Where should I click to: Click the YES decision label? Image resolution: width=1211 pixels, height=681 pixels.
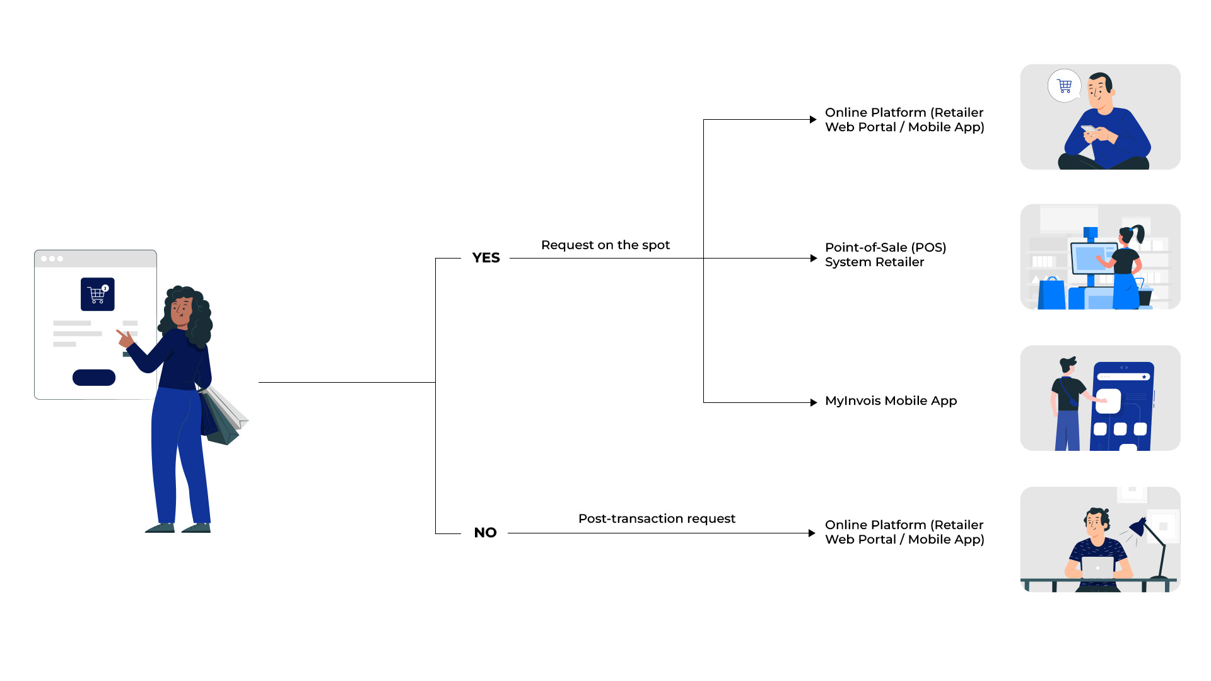(x=486, y=258)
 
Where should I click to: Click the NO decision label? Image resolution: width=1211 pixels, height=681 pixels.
(x=485, y=533)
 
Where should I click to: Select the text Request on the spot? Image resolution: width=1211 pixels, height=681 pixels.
(x=605, y=245)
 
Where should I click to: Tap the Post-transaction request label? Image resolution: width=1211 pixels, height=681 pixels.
(x=657, y=518)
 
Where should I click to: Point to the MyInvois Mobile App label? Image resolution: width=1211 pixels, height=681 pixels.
(x=891, y=401)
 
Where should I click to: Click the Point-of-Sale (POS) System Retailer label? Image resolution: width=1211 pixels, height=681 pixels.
(x=885, y=255)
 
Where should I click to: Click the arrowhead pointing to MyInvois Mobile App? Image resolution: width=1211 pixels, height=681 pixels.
(x=814, y=402)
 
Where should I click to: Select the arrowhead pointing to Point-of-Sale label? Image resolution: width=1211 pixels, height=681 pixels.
(x=814, y=258)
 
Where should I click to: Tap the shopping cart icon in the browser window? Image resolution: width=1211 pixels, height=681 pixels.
(x=98, y=294)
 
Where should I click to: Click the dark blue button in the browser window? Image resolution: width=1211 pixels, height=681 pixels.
(x=94, y=377)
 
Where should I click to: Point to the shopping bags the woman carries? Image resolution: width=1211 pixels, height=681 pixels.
(x=224, y=416)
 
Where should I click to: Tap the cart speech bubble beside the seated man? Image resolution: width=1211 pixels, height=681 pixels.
(x=1065, y=86)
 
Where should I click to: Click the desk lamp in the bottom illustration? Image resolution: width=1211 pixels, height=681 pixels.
(x=1152, y=542)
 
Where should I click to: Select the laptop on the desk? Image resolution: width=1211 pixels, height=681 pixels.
(x=1097, y=567)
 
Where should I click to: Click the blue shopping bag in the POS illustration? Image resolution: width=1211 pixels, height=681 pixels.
(x=1051, y=294)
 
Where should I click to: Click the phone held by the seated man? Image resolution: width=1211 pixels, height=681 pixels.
(x=1089, y=129)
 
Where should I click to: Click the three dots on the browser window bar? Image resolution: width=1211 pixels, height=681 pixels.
(x=52, y=259)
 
